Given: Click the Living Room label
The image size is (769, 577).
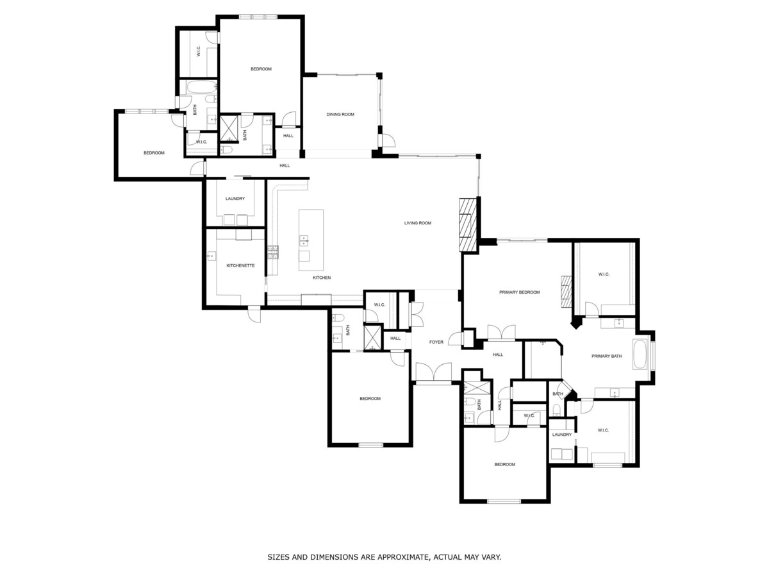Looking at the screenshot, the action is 418,223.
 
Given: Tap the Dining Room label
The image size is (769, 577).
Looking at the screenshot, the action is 340,114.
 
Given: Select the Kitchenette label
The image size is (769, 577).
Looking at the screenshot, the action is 240,265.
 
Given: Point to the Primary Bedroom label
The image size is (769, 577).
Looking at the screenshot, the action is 519,292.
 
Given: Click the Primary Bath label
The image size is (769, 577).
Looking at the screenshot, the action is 606,356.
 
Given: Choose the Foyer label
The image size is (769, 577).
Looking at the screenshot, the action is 436,342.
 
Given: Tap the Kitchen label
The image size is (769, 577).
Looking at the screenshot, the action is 322,278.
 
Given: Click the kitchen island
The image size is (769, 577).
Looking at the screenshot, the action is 311,240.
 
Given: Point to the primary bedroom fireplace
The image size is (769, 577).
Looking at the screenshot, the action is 566,292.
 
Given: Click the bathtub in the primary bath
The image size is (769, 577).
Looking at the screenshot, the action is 640,354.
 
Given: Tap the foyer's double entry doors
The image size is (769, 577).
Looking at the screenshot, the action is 433,372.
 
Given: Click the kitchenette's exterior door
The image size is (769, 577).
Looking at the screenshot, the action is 254,314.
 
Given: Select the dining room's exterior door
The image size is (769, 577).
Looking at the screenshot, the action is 388,140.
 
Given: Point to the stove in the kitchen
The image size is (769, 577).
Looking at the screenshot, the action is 273,252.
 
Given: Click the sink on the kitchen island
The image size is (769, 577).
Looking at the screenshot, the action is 303,240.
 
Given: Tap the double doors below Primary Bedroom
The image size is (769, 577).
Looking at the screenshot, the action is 501,333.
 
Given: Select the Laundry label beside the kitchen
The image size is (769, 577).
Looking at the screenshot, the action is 235,198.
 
